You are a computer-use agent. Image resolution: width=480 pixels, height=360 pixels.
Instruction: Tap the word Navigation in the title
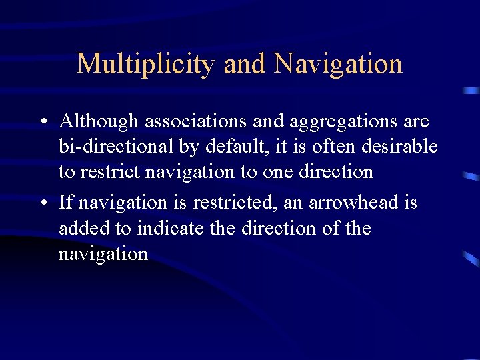tap(338, 65)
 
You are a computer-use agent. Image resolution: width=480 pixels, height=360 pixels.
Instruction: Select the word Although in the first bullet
tap(99, 121)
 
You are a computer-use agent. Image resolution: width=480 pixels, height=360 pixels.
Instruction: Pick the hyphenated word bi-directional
tap(114, 147)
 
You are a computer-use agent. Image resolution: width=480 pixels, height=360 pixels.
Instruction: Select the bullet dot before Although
tap(42, 123)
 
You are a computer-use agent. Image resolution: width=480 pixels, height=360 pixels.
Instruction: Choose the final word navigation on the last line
tap(103, 255)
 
